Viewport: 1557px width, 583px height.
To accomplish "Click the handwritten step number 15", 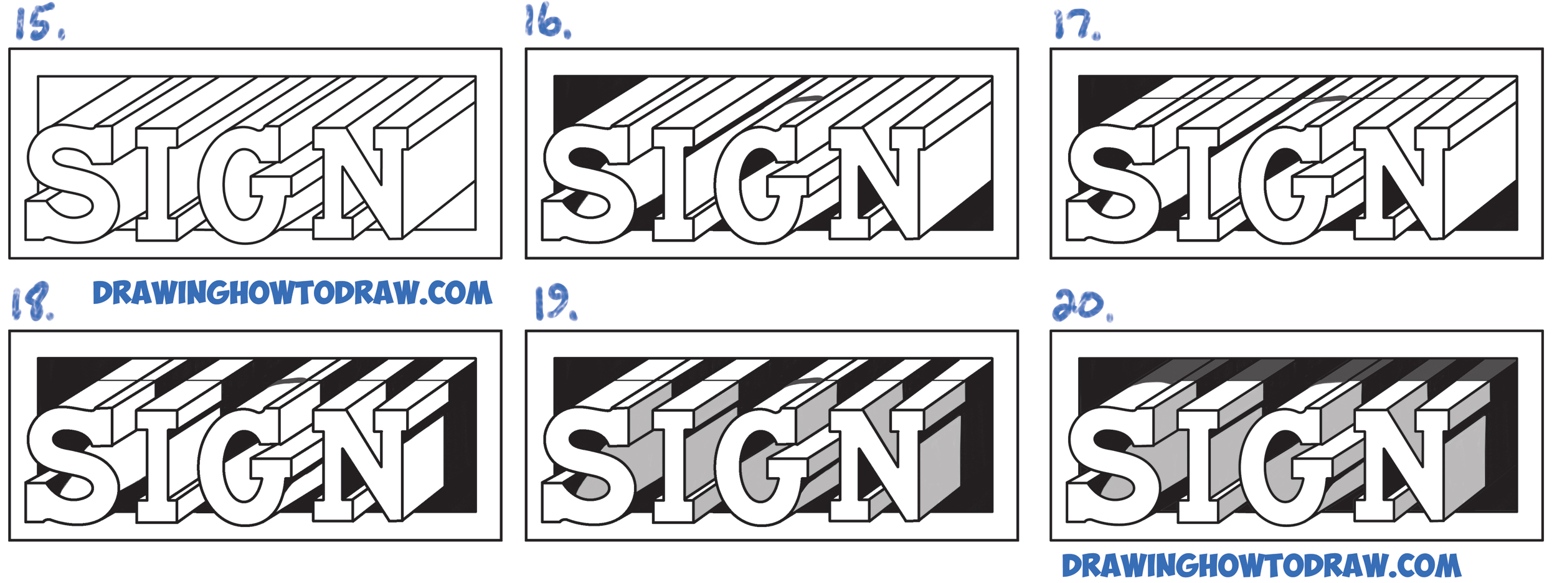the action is tap(39, 23).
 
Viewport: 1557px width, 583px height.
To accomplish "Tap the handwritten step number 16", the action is tap(547, 21).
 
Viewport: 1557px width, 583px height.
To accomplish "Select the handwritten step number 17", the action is tap(1076, 25).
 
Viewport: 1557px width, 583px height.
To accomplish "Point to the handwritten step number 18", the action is tap(32, 301).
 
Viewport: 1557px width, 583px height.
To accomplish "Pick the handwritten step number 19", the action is tap(556, 303).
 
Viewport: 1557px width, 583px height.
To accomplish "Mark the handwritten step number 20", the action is tap(1082, 305).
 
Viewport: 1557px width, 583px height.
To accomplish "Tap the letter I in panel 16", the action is tap(674, 184).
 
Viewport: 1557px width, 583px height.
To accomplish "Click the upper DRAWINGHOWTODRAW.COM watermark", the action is tap(292, 292).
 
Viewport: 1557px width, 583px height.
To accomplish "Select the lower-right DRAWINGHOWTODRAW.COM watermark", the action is tap(1261, 566).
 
